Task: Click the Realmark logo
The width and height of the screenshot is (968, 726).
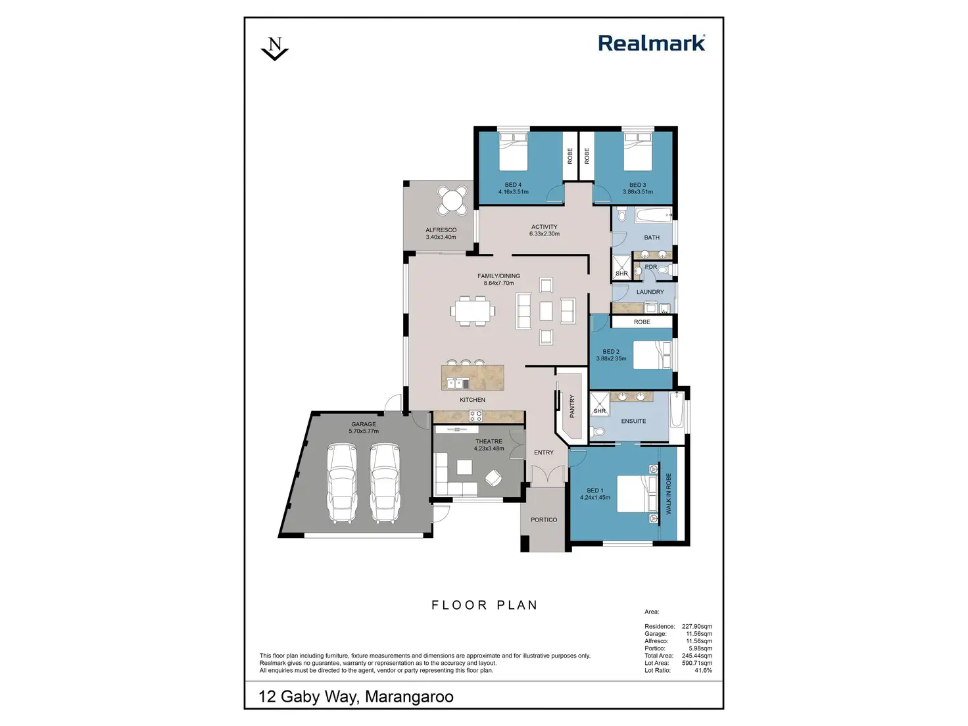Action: [651, 43]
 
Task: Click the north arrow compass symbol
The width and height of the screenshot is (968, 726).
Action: [275, 49]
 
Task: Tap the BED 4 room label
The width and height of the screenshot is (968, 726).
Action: [513, 185]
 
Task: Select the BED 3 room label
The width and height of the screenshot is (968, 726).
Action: [637, 185]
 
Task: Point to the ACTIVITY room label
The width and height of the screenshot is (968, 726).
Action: [544, 227]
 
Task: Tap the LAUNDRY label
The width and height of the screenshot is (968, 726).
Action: [650, 292]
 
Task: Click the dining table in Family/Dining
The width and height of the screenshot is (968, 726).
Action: [473, 310]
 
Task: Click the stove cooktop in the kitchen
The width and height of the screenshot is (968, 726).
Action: [475, 416]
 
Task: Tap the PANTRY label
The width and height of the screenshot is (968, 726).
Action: [572, 406]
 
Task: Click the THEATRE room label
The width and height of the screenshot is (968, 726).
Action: [489, 441]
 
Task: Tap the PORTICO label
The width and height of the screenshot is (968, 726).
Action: [544, 520]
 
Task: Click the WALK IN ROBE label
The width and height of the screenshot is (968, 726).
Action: [669, 493]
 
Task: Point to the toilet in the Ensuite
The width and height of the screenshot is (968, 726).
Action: [597, 432]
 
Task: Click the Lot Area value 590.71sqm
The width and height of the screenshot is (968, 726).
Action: [696, 663]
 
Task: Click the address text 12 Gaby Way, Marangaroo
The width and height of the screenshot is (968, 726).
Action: [356, 696]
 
